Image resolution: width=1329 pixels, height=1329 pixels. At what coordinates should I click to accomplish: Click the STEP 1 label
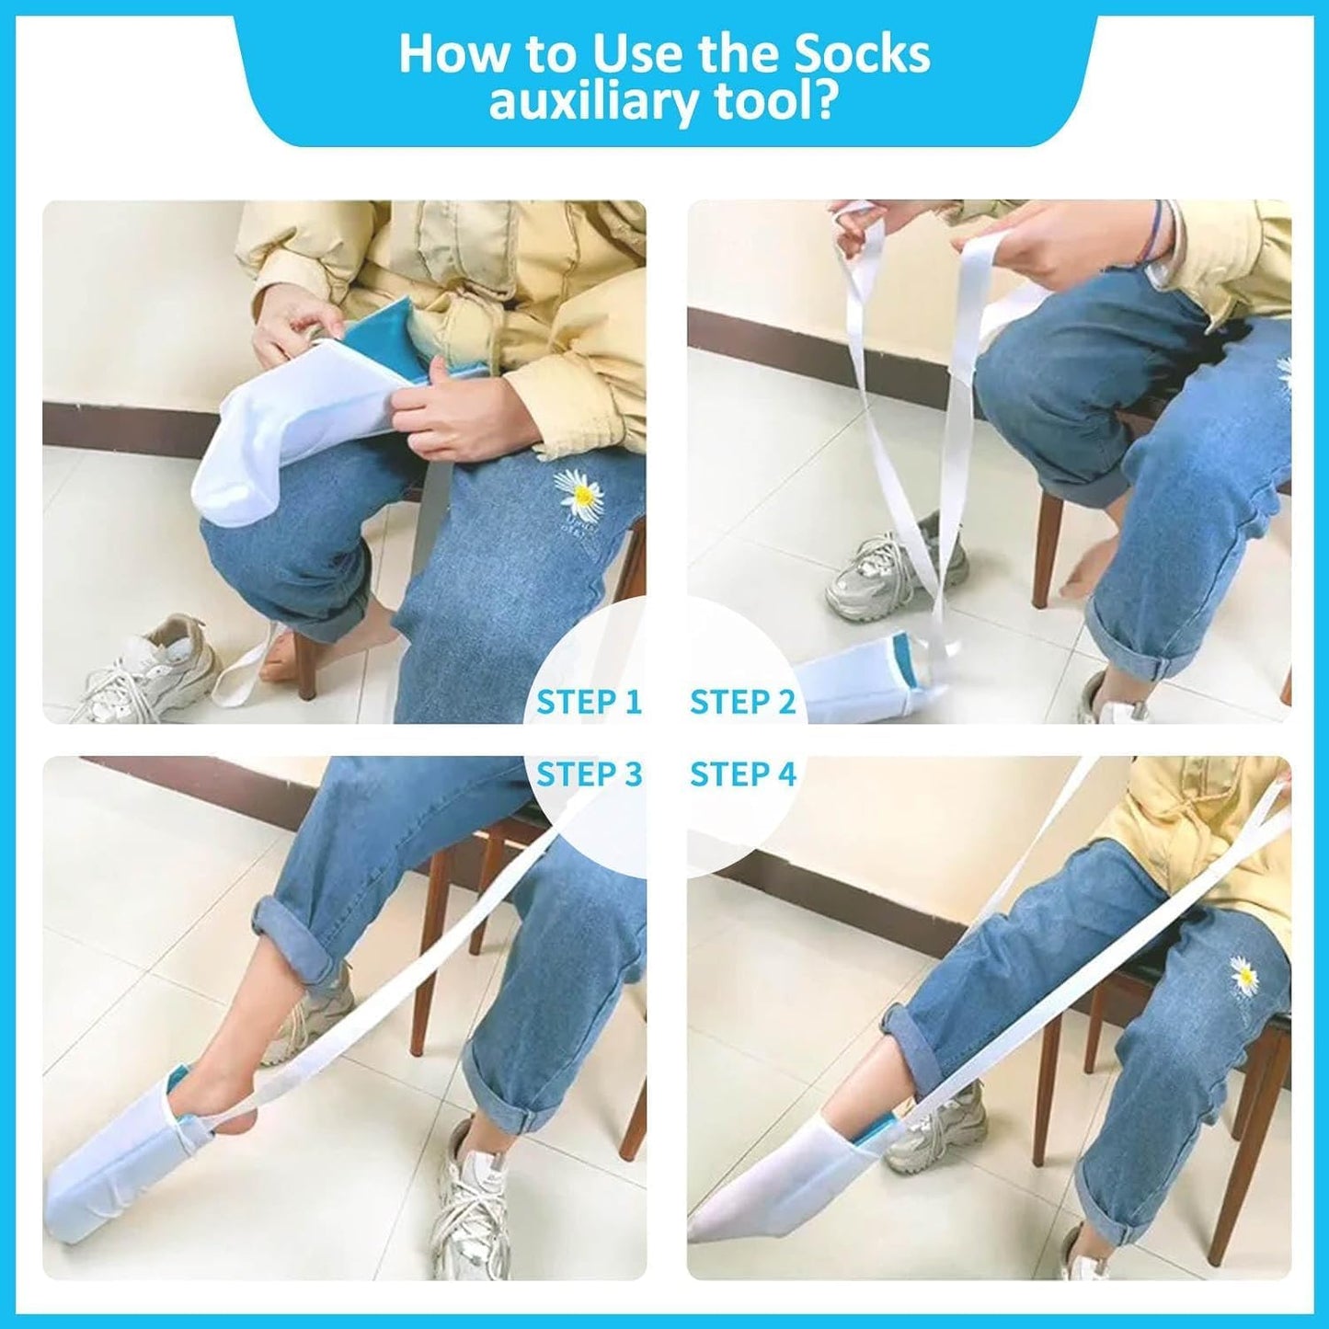[x=589, y=702]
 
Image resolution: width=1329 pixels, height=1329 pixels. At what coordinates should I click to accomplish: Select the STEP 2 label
[x=742, y=702]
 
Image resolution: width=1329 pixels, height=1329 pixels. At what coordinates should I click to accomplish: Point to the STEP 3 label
[x=589, y=774]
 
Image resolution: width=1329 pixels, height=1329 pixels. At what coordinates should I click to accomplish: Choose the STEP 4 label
[x=742, y=774]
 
